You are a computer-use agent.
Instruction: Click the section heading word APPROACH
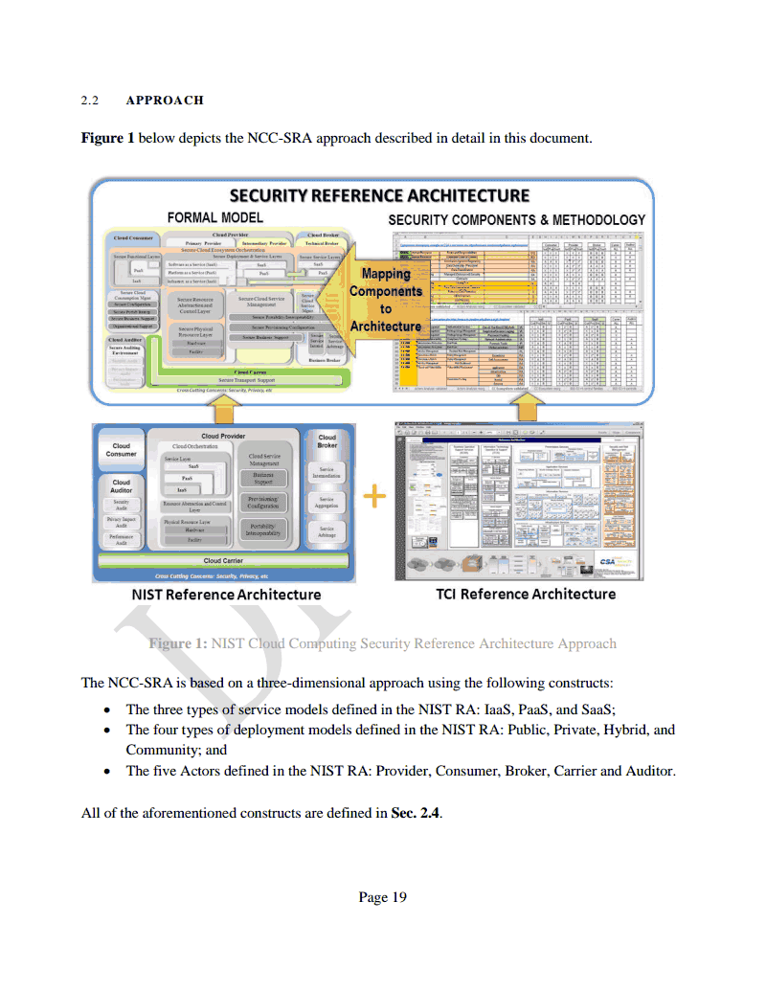point(165,100)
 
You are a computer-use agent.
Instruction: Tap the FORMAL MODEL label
point(216,217)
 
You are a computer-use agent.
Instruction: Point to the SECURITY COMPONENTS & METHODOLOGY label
point(516,219)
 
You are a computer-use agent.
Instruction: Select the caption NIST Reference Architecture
point(226,595)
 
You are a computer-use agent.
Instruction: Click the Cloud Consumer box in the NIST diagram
point(122,450)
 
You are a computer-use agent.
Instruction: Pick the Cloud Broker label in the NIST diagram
point(327,440)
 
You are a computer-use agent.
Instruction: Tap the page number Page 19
point(382,897)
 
